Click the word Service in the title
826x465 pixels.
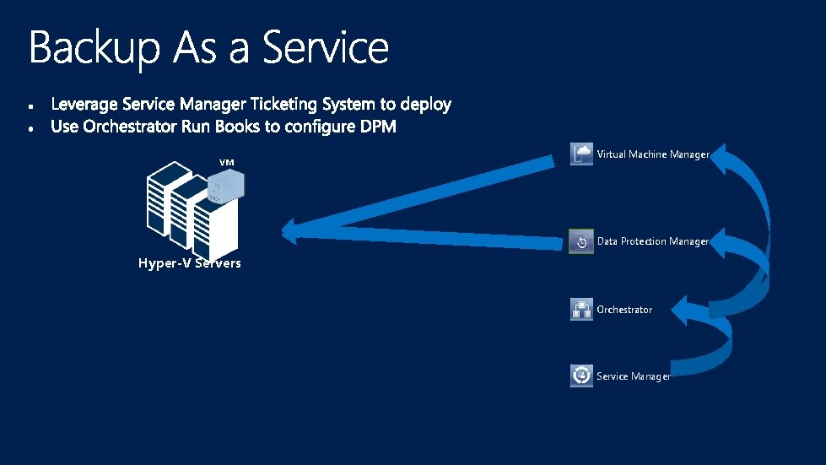point(326,48)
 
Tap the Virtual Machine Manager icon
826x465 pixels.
point(581,154)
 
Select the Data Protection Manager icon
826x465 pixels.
point(581,241)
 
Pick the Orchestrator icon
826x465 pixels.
point(581,310)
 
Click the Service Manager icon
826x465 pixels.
point(581,376)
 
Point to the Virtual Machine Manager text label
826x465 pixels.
point(652,154)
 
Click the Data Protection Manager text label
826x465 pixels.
point(652,241)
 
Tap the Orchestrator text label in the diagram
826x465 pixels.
point(624,310)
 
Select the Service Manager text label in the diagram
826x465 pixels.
point(633,376)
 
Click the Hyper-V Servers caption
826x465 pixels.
point(189,263)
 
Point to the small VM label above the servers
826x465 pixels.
point(226,161)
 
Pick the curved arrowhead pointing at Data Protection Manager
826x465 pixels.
point(722,242)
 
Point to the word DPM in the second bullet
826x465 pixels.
point(374,127)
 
